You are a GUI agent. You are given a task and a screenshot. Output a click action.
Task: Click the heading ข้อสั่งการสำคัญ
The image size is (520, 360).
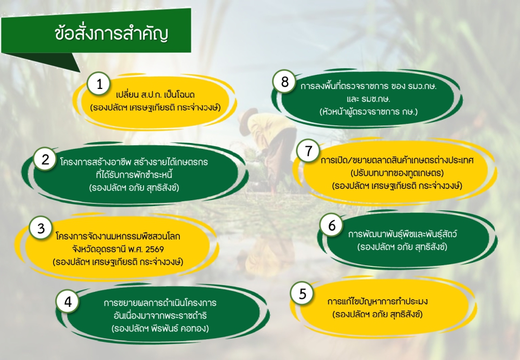point(111,34)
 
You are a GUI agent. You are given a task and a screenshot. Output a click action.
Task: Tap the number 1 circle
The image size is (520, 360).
point(99,84)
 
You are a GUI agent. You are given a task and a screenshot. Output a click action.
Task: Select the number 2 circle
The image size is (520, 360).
point(45,159)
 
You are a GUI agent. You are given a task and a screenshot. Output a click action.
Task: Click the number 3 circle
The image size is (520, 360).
point(41,228)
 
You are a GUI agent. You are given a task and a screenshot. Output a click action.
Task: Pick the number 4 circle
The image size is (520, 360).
point(68,302)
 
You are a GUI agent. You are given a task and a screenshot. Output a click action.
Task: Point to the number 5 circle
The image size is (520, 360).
point(302,293)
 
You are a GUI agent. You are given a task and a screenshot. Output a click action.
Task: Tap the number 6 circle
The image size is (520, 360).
point(332,225)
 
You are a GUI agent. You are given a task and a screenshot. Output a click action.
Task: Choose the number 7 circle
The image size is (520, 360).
point(308,150)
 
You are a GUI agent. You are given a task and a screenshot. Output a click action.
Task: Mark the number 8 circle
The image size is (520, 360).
point(284,81)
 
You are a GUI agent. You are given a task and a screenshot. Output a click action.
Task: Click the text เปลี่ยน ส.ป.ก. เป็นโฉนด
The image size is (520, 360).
point(155,95)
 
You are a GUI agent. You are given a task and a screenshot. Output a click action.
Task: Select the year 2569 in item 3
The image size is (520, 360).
point(154,249)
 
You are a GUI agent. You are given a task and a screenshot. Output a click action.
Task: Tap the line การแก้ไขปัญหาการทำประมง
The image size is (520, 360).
point(378,302)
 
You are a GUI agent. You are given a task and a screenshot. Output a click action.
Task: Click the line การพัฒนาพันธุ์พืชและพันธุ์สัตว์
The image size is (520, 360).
point(402,234)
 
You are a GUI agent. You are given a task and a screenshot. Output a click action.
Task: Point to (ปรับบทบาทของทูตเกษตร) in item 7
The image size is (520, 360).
point(397,173)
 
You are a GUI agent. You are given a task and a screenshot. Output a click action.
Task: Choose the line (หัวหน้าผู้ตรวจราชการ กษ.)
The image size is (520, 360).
point(369,111)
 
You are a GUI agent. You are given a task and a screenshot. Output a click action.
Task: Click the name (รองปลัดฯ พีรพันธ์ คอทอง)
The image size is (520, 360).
point(160,328)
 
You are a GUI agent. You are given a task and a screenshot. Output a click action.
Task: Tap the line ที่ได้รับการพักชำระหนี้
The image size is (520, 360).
point(134,174)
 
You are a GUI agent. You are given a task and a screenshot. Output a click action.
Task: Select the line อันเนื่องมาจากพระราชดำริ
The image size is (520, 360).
point(159,315)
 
